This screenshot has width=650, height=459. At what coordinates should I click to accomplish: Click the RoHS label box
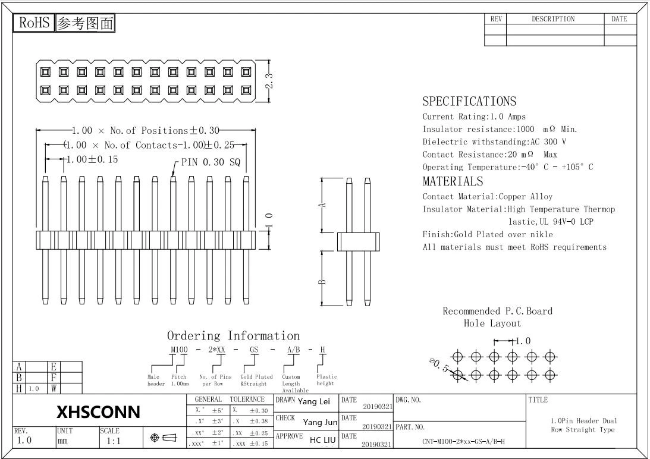tap(34, 23)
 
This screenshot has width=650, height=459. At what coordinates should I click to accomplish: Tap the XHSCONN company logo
tap(98, 411)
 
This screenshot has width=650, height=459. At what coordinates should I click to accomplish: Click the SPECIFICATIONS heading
tap(469, 102)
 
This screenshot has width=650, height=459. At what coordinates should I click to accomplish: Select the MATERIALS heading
tap(453, 181)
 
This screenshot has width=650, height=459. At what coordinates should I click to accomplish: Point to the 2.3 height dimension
tap(269, 81)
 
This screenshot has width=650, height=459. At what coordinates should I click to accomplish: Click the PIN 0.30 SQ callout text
tap(211, 162)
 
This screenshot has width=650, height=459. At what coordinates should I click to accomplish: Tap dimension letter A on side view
tap(324, 205)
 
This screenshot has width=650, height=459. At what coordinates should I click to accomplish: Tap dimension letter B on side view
tap(322, 282)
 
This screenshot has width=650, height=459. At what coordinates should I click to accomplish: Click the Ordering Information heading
tap(233, 336)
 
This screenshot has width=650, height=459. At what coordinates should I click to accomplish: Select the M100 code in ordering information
tap(179, 350)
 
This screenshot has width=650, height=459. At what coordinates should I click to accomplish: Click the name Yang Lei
tap(314, 401)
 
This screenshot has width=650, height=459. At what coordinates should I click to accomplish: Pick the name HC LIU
tap(322, 440)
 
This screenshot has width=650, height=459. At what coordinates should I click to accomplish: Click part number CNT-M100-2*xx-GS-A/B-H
tap(463, 441)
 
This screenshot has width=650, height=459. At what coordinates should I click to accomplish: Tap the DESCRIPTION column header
tap(553, 19)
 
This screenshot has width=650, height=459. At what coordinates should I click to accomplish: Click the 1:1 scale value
tap(114, 441)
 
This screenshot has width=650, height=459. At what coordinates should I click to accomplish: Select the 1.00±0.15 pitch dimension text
tap(92, 159)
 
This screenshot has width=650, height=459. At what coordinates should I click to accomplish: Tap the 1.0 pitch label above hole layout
tap(522, 341)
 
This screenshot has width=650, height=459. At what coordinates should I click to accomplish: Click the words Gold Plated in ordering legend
tap(256, 377)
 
